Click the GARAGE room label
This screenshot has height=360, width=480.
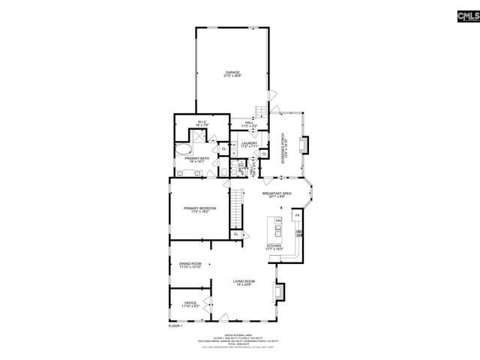coord(232,73)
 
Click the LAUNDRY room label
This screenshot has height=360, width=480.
coord(250,144)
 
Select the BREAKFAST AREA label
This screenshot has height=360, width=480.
coord(277,195)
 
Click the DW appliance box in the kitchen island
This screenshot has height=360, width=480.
coord(277,220)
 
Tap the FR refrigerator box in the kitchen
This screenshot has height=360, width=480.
coord(297,216)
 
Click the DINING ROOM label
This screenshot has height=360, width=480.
coord(190,265)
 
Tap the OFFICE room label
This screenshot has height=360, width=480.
coord(190,304)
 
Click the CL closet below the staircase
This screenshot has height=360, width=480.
coord(237,235)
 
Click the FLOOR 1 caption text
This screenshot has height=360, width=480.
coord(176,325)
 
